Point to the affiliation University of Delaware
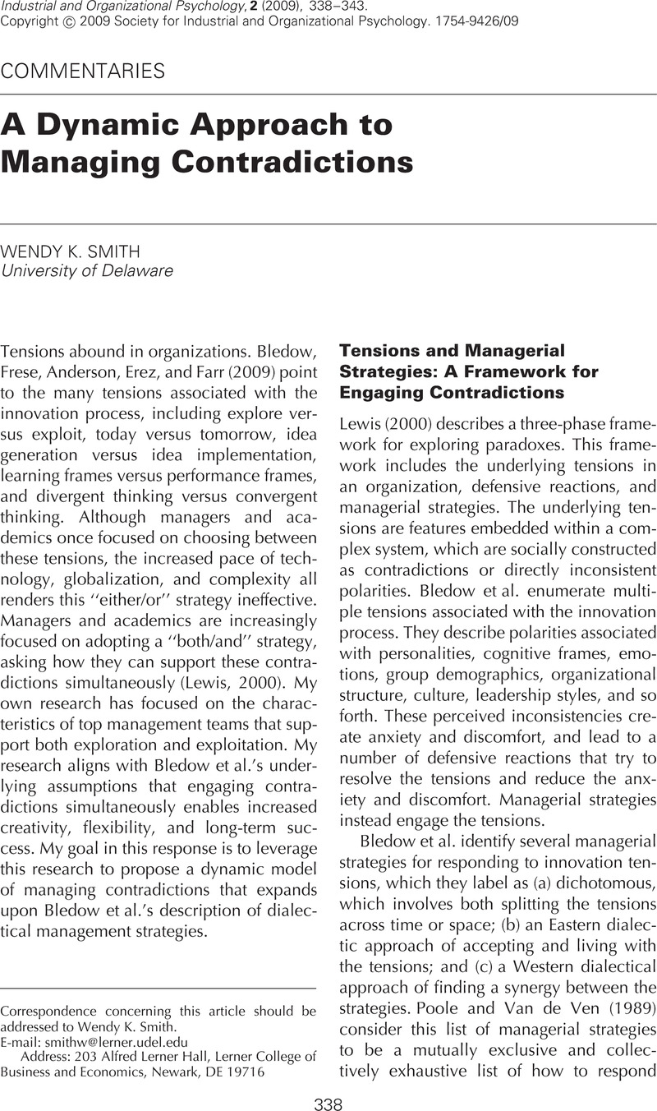coord(87,271)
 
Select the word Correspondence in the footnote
coord(48,1011)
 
